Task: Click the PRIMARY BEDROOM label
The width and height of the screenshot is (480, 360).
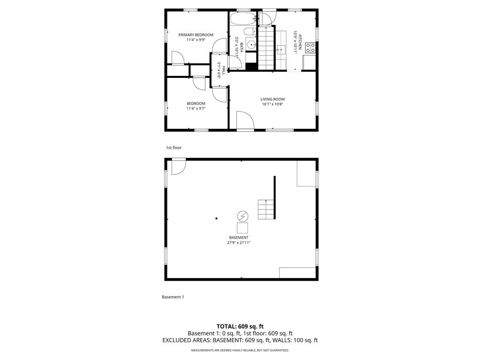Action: (196, 35)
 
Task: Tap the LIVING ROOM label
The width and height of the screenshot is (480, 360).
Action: (272, 99)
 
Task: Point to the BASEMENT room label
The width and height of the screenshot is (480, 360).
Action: (239, 238)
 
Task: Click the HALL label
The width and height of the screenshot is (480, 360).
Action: (224, 70)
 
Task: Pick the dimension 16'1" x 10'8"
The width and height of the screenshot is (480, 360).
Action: (272, 104)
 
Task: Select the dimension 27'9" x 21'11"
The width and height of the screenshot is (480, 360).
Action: (239, 242)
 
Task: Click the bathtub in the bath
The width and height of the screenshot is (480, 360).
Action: (243, 19)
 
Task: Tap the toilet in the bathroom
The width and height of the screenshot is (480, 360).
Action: (251, 31)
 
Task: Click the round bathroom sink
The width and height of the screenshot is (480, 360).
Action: (252, 45)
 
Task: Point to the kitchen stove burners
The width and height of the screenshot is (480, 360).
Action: (310, 47)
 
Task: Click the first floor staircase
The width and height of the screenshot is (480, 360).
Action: (266, 48)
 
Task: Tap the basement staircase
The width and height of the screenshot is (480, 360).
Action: (266, 210)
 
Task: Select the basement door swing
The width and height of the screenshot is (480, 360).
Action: (179, 166)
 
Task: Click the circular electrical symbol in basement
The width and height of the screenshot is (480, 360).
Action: (243, 217)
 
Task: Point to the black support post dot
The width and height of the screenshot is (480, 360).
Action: (217, 218)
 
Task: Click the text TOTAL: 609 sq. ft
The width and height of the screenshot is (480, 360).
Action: (240, 327)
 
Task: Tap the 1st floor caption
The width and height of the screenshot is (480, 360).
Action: (173, 148)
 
